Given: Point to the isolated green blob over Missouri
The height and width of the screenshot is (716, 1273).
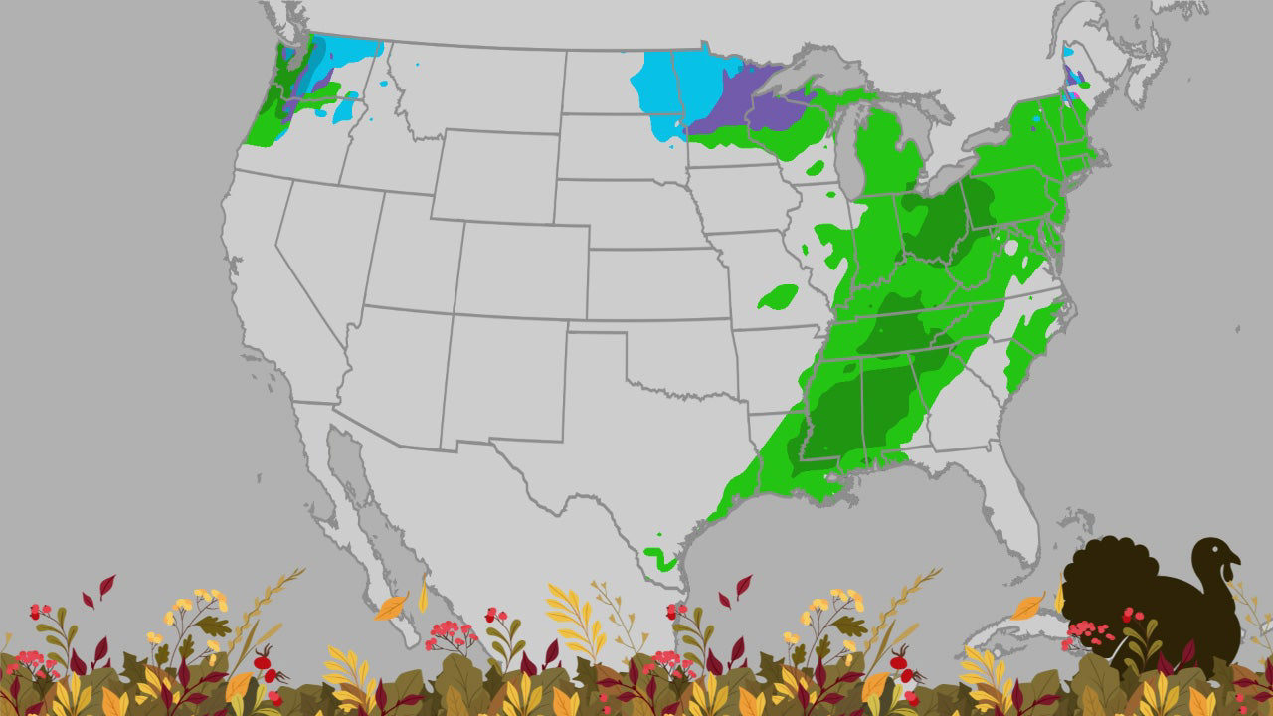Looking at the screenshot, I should pyautogui.click(x=778, y=296).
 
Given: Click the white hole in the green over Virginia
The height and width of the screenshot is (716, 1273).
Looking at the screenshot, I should pyautogui.click(x=1011, y=247).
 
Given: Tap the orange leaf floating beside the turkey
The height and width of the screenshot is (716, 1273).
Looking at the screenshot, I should pyautogui.click(x=1028, y=606).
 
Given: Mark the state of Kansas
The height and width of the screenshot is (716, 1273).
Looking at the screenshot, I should pyautogui.click(x=656, y=283).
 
